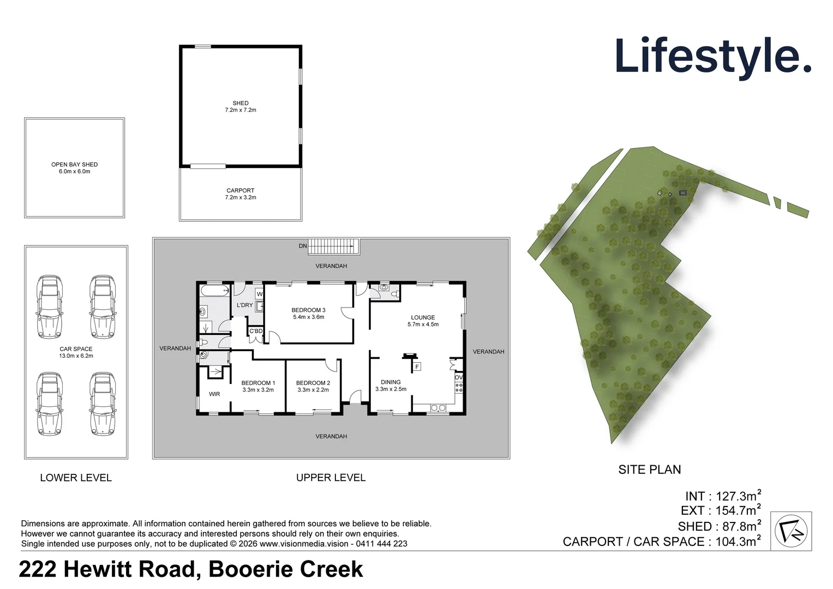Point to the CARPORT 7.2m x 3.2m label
(241, 194)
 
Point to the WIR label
(214, 394)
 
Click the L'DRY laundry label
(245, 305)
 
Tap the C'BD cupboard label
(256, 331)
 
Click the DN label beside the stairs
(303, 246)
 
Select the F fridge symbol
(417, 367)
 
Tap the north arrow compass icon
(791, 531)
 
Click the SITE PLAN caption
(649, 470)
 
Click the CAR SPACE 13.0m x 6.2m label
(76, 352)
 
